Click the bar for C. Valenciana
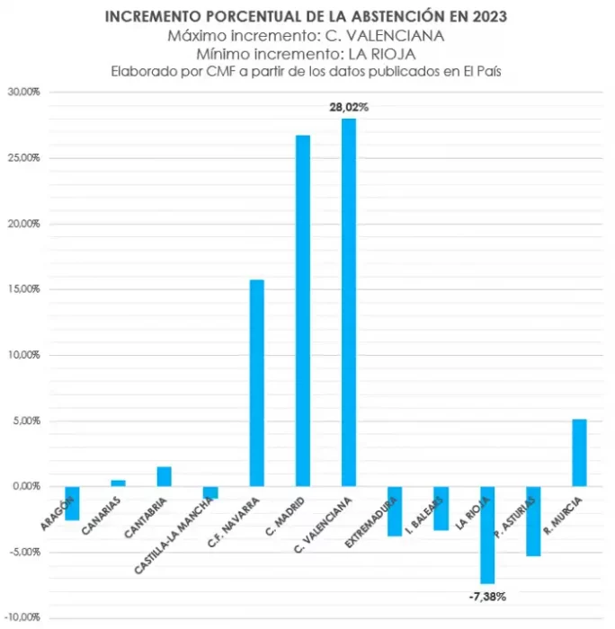(349, 302)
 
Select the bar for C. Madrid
(303, 310)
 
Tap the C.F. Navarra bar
(256, 383)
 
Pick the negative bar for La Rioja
(487, 535)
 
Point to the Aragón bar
(72, 503)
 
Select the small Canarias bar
(118, 483)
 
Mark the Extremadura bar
(395, 510)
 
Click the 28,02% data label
(349, 107)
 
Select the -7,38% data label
(486, 596)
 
